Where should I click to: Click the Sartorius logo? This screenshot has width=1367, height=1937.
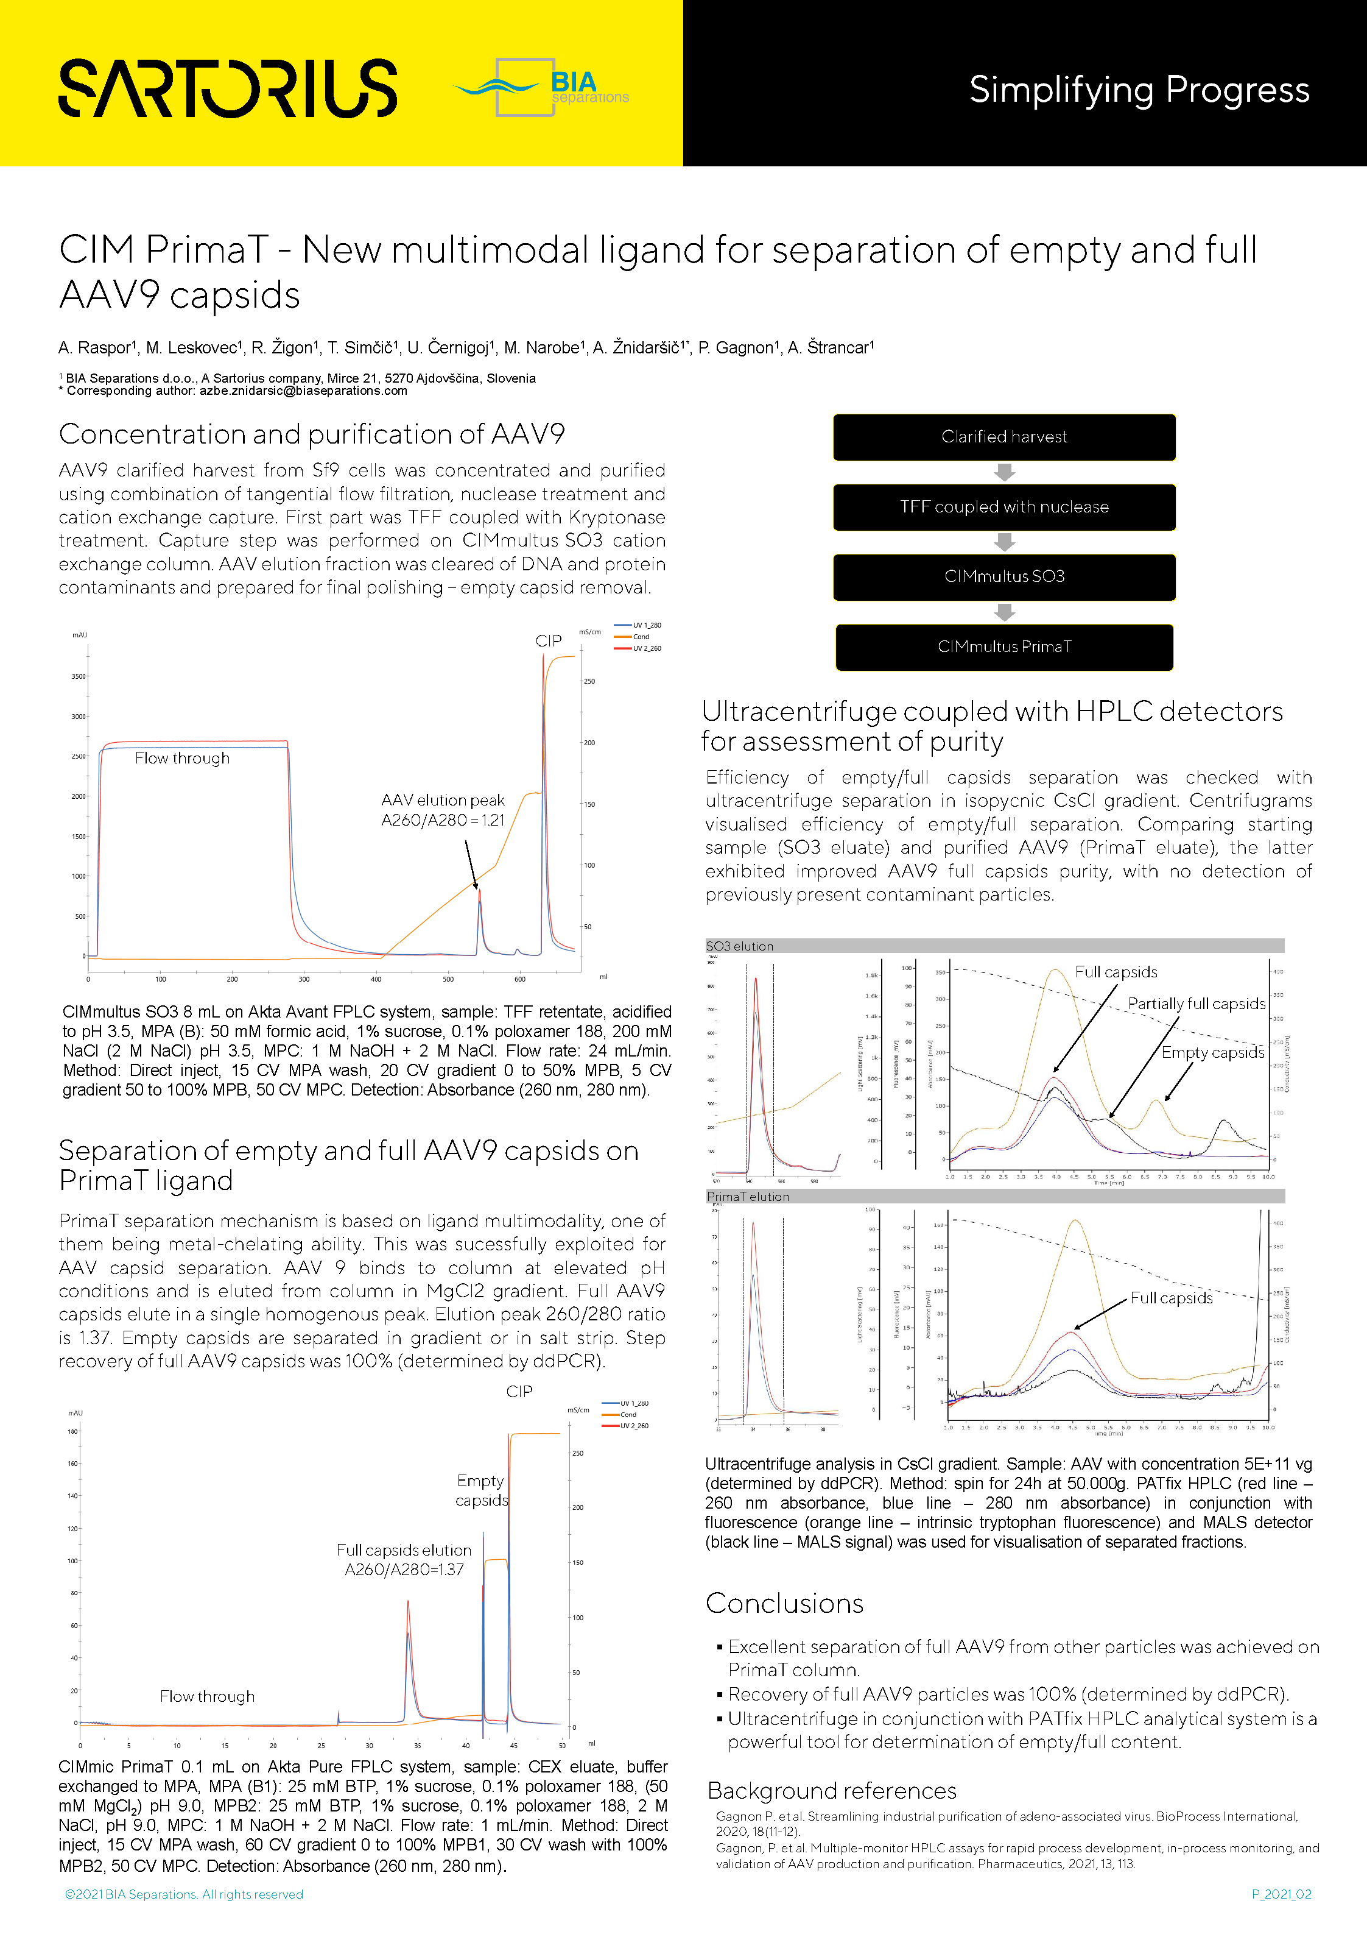pyautogui.click(x=228, y=88)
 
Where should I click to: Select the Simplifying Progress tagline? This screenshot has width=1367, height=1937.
pyautogui.click(x=1139, y=90)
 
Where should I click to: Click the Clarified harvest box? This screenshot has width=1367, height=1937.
pyautogui.click(x=1003, y=437)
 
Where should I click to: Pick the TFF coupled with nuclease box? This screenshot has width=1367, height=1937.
pyautogui.click(x=1003, y=507)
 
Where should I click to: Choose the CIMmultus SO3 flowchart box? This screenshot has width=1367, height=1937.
pyautogui.click(x=1003, y=577)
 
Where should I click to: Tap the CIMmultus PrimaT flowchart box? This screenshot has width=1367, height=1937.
pyautogui.click(x=1003, y=647)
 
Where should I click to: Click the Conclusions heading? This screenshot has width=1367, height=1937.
pyautogui.click(x=784, y=1603)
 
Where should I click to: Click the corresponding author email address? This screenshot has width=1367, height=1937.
pyautogui.click(x=304, y=391)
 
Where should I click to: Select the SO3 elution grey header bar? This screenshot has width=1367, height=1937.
pyautogui.click(x=994, y=946)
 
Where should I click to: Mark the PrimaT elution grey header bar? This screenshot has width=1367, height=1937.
pyautogui.click(x=994, y=1196)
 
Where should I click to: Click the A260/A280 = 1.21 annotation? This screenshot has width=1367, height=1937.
pyautogui.click(x=443, y=820)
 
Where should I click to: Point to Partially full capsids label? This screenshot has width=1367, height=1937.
pyautogui.click(x=1196, y=1004)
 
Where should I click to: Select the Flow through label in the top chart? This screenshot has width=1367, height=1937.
pyautogui.click(x=182, y=759)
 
